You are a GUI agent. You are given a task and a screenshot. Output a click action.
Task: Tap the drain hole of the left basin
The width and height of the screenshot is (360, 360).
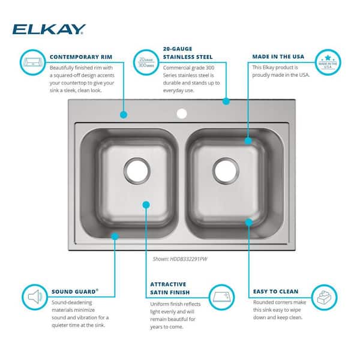[x=137, y=170]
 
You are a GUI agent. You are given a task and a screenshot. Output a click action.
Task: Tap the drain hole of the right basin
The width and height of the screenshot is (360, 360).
[x=225, y=170]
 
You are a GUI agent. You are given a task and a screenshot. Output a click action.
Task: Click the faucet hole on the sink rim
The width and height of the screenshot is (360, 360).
[x=181, y=113]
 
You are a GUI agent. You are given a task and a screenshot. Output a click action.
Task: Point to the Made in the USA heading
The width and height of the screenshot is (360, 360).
[x=278, y=57]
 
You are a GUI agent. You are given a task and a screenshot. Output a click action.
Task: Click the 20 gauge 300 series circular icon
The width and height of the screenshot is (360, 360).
[x=146, y=62]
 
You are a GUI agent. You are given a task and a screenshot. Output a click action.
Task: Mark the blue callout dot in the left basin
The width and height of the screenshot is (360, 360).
[x=146, y=205]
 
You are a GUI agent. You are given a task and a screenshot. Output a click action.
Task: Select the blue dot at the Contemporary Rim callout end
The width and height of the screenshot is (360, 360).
[x=123, y=113]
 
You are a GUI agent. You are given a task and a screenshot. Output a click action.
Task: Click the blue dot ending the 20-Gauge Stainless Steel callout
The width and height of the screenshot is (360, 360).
[x=226, y=101]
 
